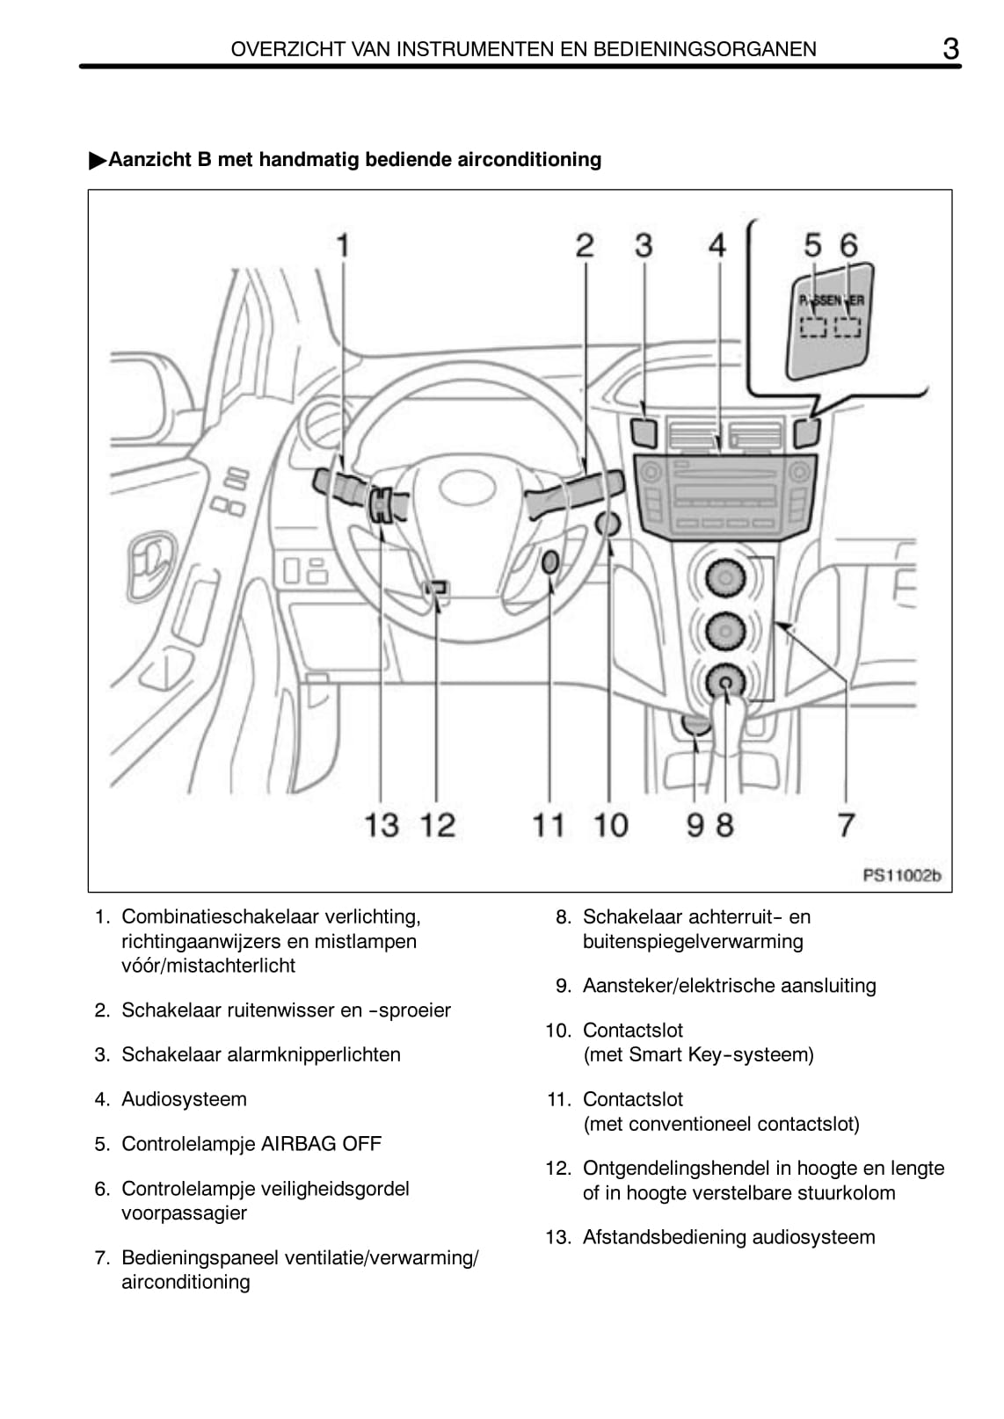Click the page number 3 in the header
[949, 49]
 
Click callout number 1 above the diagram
[344, 244]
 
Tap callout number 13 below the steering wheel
[382, 825]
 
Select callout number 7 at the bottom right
[846, 825]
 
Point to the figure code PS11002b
[901, 875]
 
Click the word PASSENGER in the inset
[831, 300]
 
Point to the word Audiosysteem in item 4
[184, 1099]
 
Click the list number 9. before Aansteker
[564, 986]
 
